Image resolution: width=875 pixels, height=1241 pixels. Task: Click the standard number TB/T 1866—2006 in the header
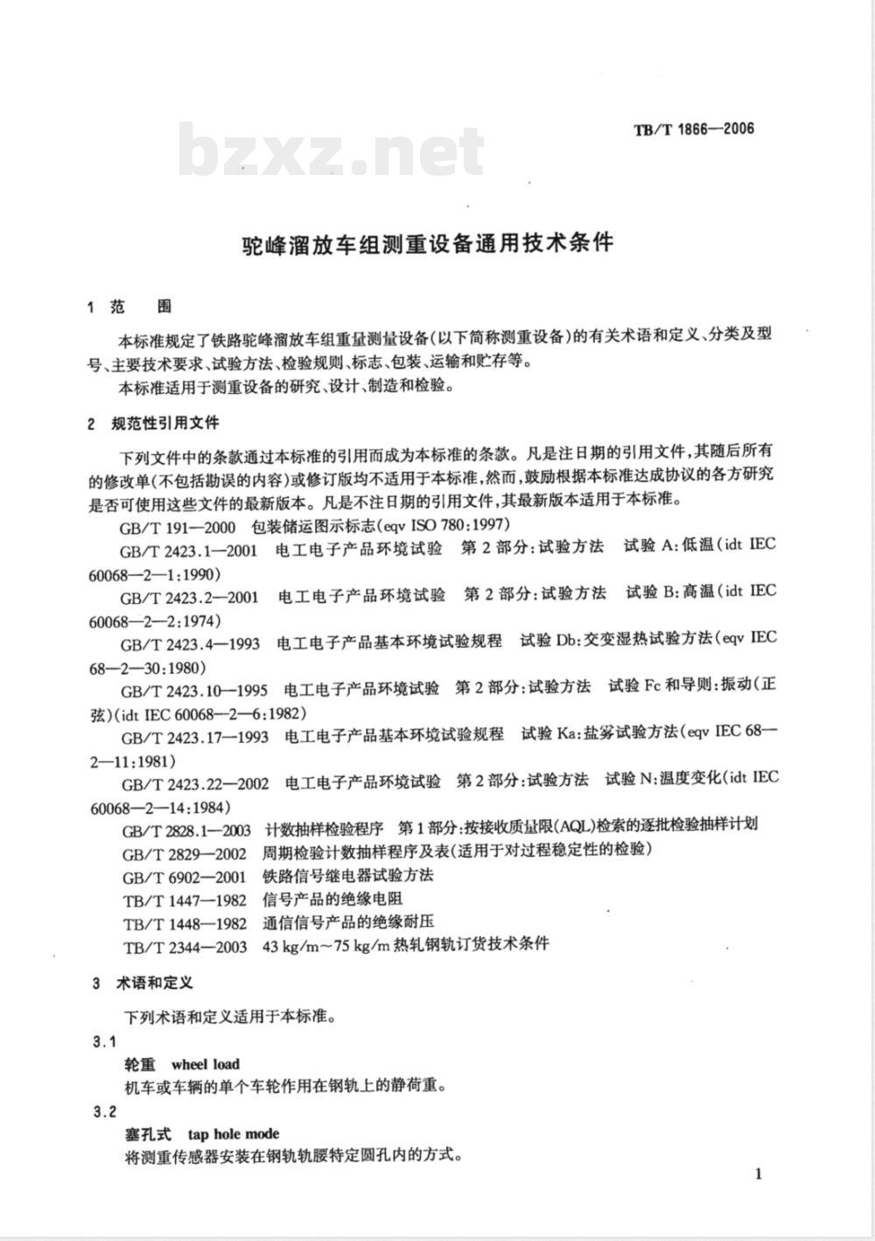point(693,130)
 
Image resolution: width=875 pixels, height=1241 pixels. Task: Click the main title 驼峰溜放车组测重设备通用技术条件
point(427,242)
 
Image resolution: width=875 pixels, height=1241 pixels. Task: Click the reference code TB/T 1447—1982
point(185,899)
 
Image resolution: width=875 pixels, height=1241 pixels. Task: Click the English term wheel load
point(206,1064)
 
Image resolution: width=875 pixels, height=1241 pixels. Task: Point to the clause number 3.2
point(104,1111)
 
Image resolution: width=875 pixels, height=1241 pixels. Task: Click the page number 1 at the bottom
point(759,1174)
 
